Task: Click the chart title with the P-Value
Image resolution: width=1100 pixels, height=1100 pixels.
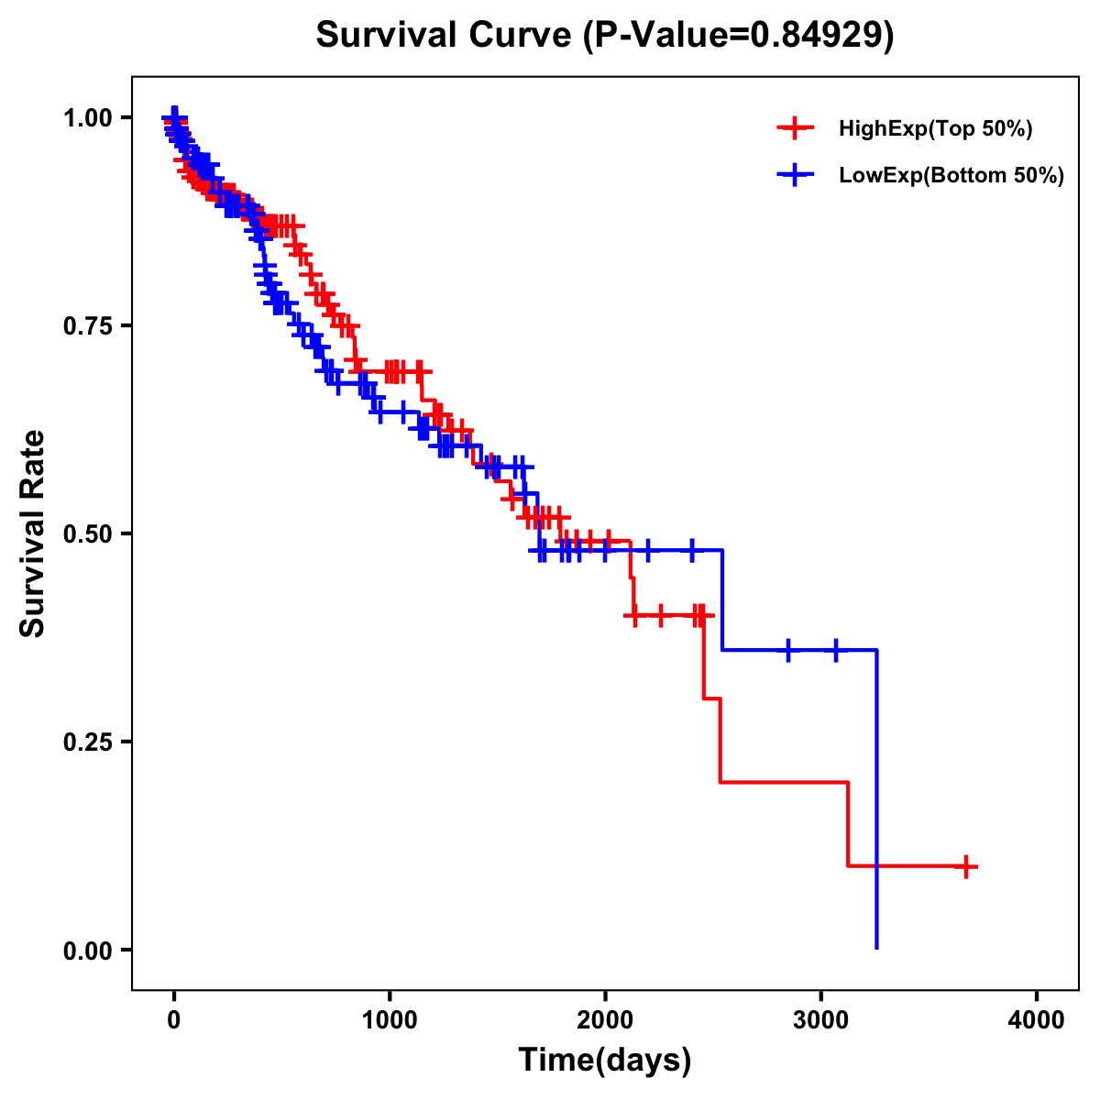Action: [605, 35]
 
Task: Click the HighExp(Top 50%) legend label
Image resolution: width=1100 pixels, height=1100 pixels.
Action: [935, 129]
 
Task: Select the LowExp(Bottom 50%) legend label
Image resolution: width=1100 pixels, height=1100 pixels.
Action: [951, 175]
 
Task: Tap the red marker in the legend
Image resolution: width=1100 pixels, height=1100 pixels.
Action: [795, 128]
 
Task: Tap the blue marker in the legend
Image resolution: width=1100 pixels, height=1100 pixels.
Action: [795, 174]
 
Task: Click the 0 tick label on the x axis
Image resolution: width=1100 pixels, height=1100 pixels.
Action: [174, 1020]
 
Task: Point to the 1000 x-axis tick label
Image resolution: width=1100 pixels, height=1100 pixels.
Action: [390, 1020]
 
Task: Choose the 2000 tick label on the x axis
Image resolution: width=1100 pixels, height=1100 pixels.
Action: [605, 1020]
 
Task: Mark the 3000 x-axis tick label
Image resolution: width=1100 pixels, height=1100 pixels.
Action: [821, 1020]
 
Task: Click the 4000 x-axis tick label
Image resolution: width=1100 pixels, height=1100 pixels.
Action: [1037, 1020]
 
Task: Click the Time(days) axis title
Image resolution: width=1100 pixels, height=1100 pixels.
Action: [605, 1061]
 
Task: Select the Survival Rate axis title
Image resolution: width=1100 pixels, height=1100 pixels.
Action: [33, 533]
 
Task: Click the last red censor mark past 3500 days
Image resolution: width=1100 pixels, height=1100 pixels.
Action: [966, 866]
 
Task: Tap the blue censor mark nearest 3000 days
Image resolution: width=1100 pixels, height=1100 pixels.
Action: [835, 650]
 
